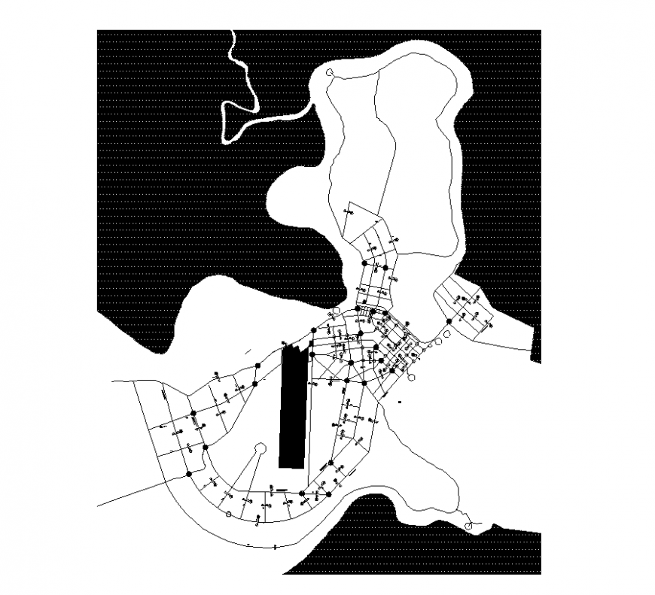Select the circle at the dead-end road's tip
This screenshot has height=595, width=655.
click(260, 448)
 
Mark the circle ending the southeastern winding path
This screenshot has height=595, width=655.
click(471, 525)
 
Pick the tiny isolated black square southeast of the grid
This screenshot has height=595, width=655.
click(401, 403)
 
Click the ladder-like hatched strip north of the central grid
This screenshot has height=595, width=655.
click(364, 311)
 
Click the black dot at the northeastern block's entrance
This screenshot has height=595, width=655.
click(449, 321)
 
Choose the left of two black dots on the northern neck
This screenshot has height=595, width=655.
click(365, 264)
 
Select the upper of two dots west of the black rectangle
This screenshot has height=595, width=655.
click(257, 365)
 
